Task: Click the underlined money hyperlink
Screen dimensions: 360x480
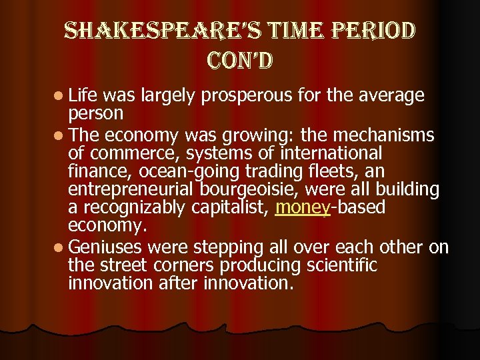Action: pos(303,207)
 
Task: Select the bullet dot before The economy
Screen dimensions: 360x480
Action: pos(59,137)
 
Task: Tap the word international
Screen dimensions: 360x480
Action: pos(343,154)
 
